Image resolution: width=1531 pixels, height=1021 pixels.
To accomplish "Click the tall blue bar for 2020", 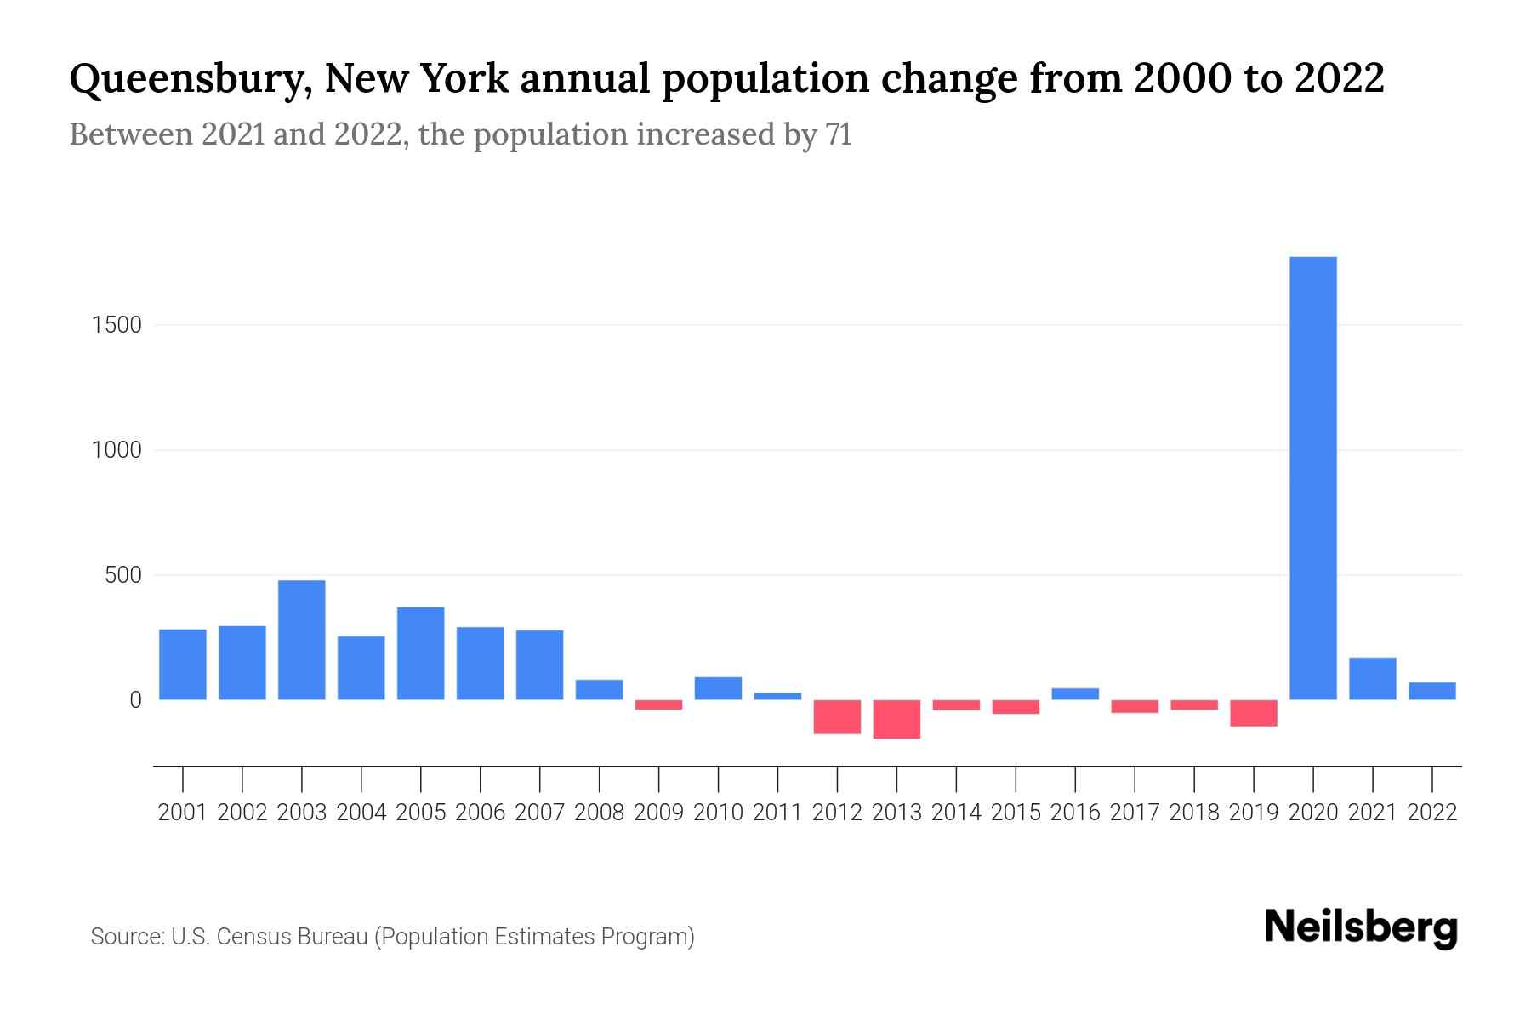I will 1312,478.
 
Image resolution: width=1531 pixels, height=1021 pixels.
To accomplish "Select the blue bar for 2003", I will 301,640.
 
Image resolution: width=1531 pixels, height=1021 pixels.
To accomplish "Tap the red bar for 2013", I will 896,719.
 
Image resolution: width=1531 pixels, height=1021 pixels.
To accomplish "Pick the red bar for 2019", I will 1253,713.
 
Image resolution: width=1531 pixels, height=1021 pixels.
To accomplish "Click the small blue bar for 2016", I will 1075,694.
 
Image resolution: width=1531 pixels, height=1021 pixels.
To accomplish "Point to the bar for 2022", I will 1431,691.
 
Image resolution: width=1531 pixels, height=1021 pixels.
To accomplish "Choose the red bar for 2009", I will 658,704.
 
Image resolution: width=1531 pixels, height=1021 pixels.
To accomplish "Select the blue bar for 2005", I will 420,653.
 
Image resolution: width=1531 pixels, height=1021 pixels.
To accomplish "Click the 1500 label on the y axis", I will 116,325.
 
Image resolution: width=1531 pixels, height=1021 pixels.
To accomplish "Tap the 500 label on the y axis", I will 122,575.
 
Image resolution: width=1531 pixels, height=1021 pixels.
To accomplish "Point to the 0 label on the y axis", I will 134,700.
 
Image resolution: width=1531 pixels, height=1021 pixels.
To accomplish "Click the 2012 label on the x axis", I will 837,813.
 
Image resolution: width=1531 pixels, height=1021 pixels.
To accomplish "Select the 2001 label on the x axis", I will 183,813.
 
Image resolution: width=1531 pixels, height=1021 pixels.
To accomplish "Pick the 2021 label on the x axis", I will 1372,813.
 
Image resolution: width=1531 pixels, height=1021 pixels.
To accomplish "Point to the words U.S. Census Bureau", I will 270,937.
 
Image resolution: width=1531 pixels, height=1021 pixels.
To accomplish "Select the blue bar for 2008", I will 599,690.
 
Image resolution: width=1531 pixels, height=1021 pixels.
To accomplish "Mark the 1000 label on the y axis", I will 116,450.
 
